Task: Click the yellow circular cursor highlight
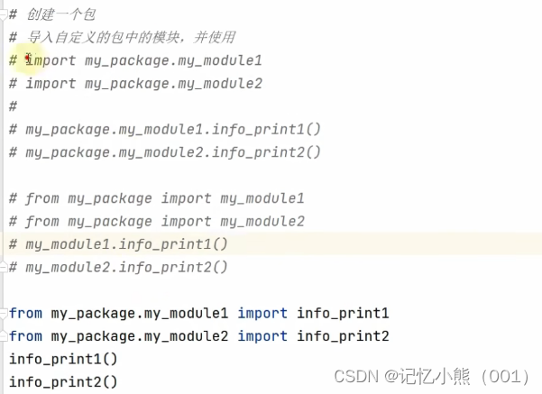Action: tap(31, 61)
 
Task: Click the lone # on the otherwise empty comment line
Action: tap(13, 106)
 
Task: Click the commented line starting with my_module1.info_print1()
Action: tap(126, 244)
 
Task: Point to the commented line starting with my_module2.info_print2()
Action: tap(126, 267)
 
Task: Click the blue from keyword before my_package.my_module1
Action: tap(25, 313)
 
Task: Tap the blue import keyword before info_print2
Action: tap(262, 336)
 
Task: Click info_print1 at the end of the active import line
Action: tap(343, 313)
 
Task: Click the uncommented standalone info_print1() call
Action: tap(63, 359)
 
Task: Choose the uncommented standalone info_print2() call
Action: tap(63, 381)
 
